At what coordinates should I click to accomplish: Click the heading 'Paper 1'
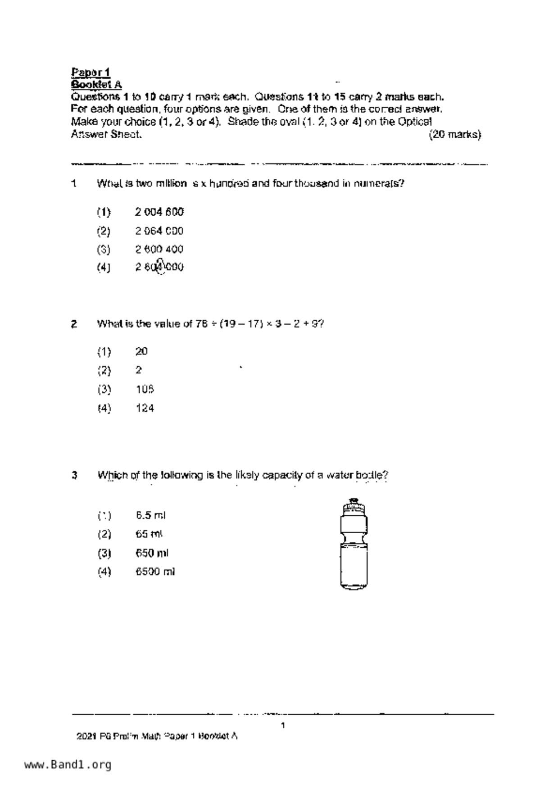click(91, 72)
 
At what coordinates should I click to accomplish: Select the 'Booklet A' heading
click(96, 84)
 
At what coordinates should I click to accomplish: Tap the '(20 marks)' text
click(455, 134)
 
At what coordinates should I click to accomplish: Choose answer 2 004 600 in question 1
click(159, 212)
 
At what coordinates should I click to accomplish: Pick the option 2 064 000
click(159, 231)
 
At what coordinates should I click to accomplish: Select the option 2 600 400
click(159, 249)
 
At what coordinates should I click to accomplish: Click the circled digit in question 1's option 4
click(160, 267)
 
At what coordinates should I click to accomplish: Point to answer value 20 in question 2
click(141, 351)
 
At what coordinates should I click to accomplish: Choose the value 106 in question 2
click(145, 389)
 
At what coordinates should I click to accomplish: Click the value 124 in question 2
click(145, 408)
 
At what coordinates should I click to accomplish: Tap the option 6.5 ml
click(150, 515)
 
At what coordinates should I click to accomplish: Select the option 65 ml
click(149, 534)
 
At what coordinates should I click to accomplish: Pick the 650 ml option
click(152, 553)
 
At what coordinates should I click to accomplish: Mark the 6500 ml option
click(155, 572)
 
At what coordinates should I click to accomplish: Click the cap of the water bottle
click(354, 505)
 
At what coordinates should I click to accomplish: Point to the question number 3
click(74, 475)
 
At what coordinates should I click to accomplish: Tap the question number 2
click(74, 324)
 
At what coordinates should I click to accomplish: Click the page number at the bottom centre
click(282, 725)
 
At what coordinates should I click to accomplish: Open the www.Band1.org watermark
click(68, 765)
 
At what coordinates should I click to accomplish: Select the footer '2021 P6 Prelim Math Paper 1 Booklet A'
click(157, 736)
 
